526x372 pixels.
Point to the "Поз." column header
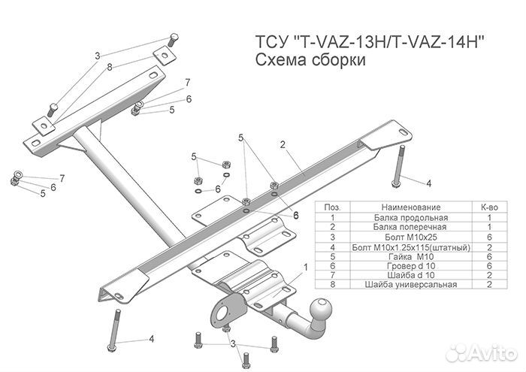(332, 205)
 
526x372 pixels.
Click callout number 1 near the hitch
(305, 267)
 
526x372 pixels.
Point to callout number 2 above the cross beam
(283, 144)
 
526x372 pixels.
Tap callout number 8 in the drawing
(109, 67)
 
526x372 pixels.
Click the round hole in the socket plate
(223, 310)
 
